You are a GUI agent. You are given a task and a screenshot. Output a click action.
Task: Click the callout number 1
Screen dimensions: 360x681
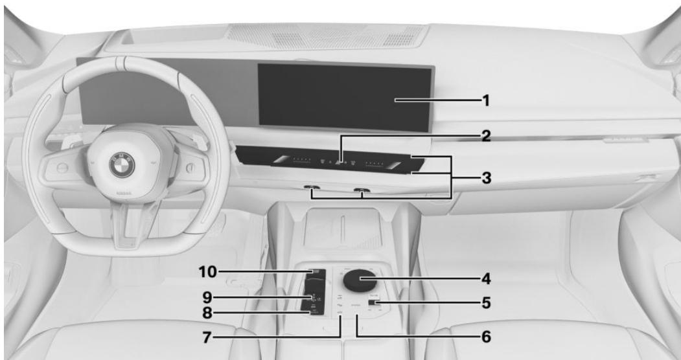tap(485, 101)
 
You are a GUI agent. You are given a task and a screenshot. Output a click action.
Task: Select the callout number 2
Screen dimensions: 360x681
tap(485, 137)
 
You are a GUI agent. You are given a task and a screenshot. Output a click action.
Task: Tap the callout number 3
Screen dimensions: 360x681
tap(485, 176)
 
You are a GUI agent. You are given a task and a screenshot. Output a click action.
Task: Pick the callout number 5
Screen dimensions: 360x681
tap(485, 302)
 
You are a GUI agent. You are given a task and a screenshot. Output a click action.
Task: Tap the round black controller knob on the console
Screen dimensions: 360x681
tap(358, 281)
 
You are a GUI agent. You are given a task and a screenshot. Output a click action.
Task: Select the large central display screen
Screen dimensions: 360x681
tap(344, 97)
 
